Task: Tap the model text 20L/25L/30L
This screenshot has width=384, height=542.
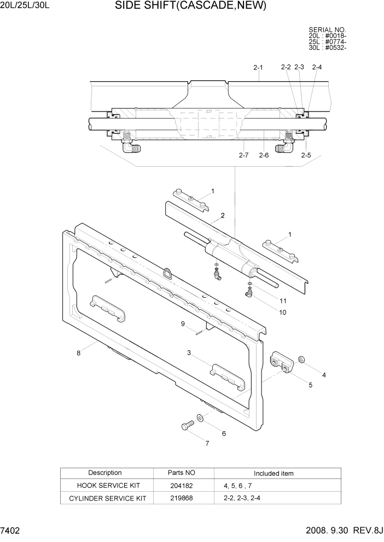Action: click(x=26, y=7)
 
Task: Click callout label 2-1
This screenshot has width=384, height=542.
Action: click(x=258, y=68)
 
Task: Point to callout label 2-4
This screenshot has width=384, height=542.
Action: click(x=317, y=68)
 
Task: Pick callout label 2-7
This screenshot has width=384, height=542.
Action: click(x=244, y=155)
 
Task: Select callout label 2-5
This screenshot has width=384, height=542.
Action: click(x=306, y=155)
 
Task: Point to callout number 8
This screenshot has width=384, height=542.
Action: click(x=79, y=353)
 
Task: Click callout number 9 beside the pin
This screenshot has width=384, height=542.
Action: click(x=183, y=324)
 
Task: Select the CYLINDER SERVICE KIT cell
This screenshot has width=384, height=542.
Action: click(x=106, y=498)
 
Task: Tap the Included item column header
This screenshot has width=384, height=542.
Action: click(x=274, y=473)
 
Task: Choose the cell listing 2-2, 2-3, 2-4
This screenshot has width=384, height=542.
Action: click(x=242, y=498)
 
